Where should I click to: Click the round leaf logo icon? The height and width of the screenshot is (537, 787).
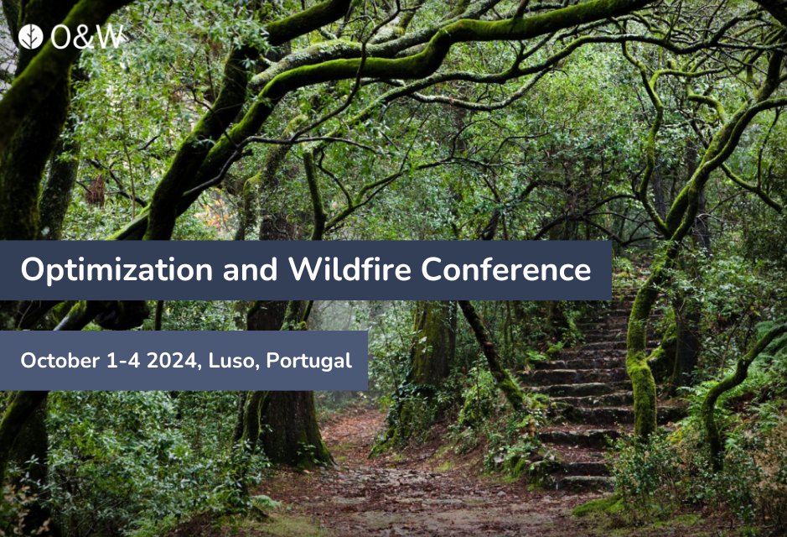(31, 37)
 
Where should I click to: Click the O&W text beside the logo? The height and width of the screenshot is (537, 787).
(87, 37)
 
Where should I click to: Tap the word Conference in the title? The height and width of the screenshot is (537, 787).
(506, 269)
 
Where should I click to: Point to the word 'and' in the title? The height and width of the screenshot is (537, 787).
(250, 269)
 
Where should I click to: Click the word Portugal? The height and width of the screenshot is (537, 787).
(309, 362)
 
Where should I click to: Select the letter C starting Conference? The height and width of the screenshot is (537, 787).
(432, 269)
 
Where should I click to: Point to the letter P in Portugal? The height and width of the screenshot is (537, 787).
(273, 361)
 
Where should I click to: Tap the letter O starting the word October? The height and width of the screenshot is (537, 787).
(29, 361)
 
